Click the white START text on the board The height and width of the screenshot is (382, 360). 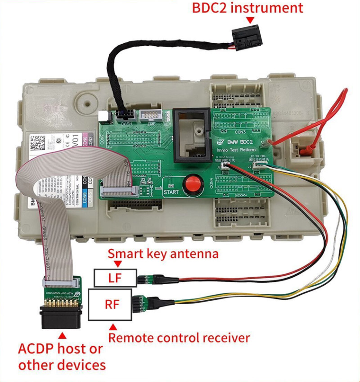(x=171, y=192)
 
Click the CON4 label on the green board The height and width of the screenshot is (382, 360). (x=211, y=182)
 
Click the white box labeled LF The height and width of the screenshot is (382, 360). (x=115, y=278)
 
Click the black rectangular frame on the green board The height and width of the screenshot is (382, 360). (x=191, y=135)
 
